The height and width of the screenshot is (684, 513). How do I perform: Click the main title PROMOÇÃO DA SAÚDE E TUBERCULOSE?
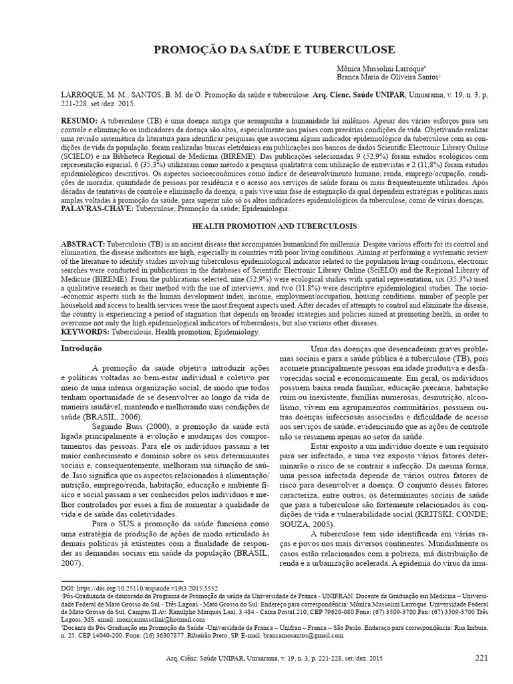point(275,50)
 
